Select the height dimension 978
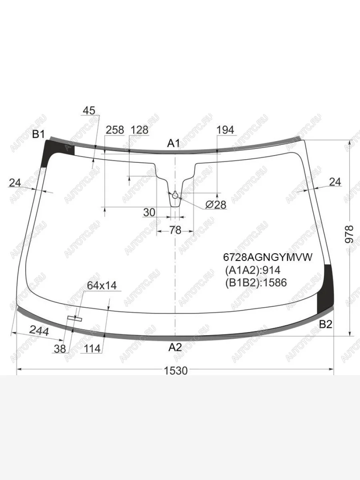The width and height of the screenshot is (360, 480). coord(349,234)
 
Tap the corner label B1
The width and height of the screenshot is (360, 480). coord(38,134)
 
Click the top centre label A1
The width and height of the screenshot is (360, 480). coord(174,144)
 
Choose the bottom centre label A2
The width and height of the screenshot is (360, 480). coord(175,347)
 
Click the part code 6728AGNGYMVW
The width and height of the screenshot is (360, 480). coord(268,257)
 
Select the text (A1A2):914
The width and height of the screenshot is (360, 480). coord(253,270)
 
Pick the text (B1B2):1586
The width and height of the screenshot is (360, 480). coord(256,283)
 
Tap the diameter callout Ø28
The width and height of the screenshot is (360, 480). coord(216,205)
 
